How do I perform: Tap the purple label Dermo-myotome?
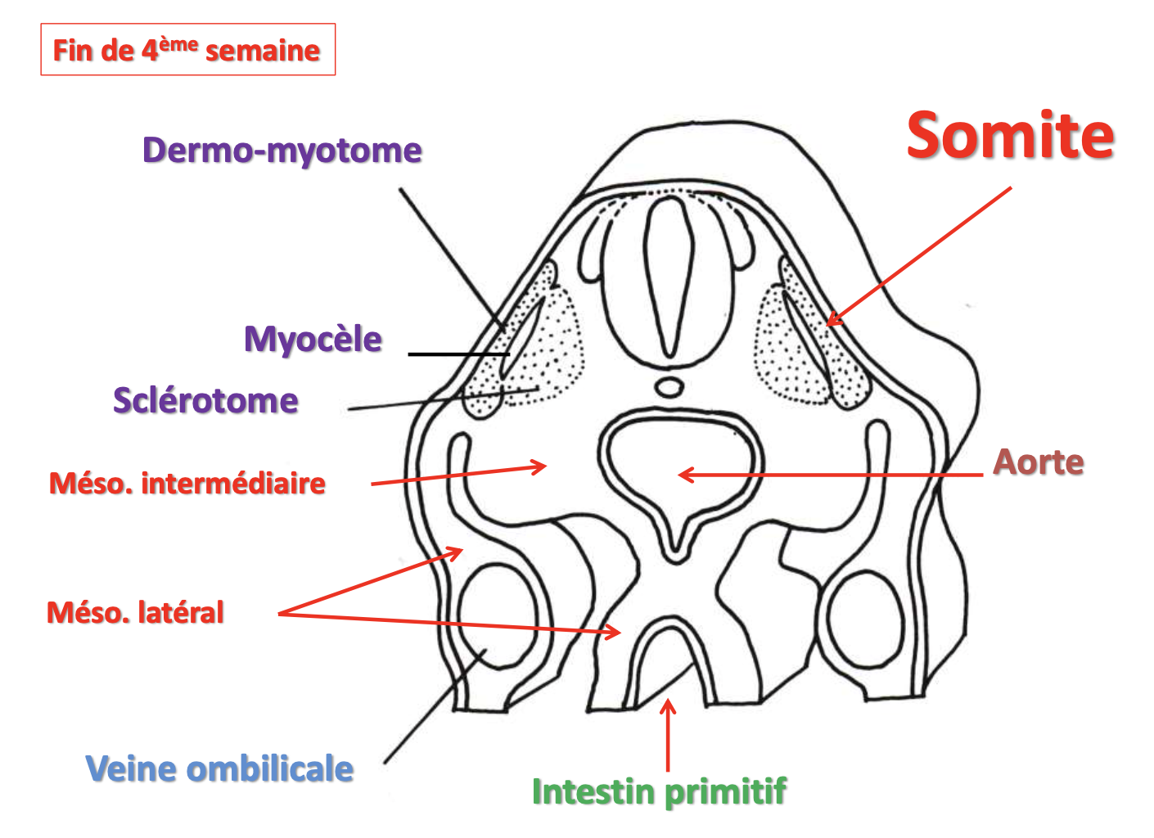[x=282, y=151]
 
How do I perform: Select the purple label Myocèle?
[x=313, y=339]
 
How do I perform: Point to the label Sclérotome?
[x=205, y=401]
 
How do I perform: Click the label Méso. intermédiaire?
[x=187, y=483]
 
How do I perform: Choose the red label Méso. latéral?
[x=135, y=612]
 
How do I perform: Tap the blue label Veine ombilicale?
[x=219, y=768]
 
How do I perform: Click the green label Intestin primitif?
[x=659, y=791]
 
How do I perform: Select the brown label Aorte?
[x=1038, y=462]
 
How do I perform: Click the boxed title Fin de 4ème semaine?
[x=187, y=50]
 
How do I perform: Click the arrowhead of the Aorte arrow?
[x=683, y=475]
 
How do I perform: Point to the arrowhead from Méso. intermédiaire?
[x=542, y=467]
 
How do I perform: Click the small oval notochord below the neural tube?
[x=670, y=386]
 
